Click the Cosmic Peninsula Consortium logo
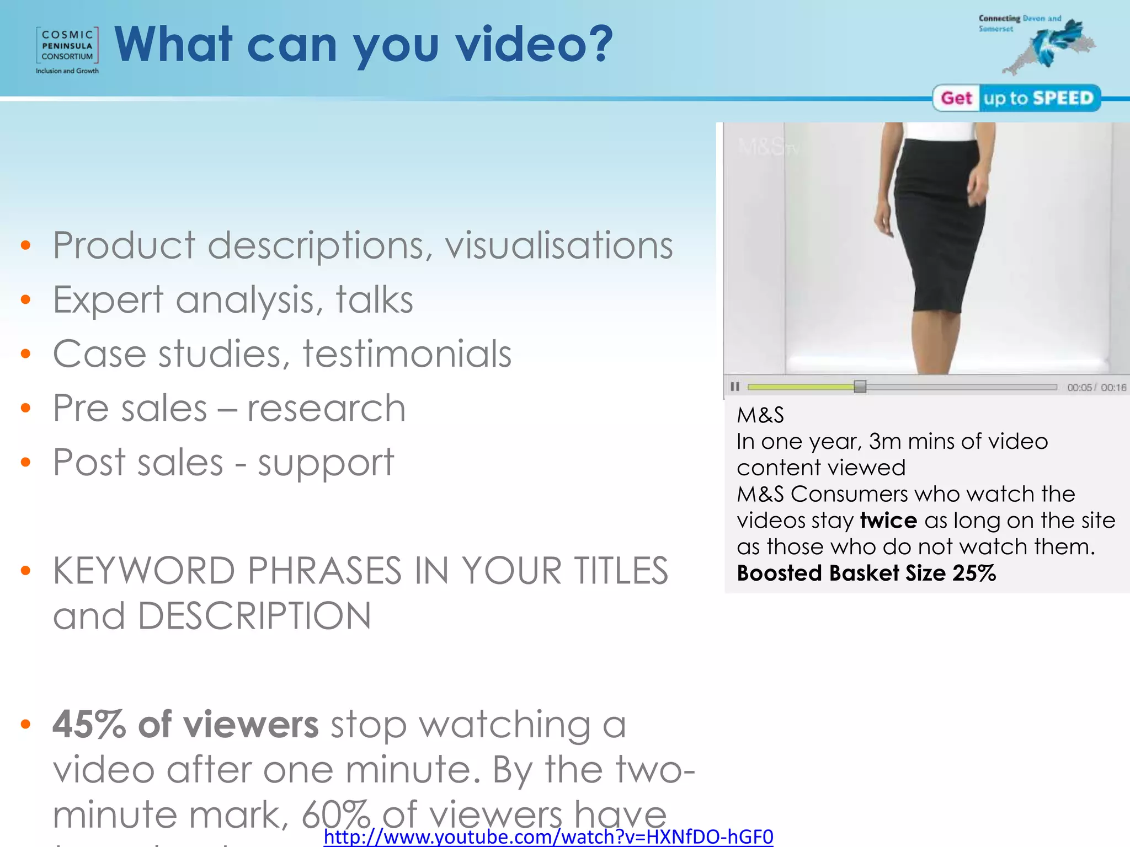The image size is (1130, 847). (x=67, y=50)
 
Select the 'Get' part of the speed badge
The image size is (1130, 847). (x=956, y=98)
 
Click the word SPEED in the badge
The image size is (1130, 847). (x=1063, y=98)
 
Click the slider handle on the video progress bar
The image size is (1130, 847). (x=860, y=387)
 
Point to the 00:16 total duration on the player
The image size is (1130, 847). (x=1113, y=388)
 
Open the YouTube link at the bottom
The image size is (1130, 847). (x=548, y=837)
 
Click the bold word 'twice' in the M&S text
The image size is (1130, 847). (x=888, y=521)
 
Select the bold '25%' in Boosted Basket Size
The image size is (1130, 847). (x=974, y=573)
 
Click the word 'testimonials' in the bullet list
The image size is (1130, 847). (x=407, y=354)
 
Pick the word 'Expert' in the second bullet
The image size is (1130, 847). (x=108, y=301)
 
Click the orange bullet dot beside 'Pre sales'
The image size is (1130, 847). (x=25, y=408)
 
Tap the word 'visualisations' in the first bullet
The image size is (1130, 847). (x=558, y=245)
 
